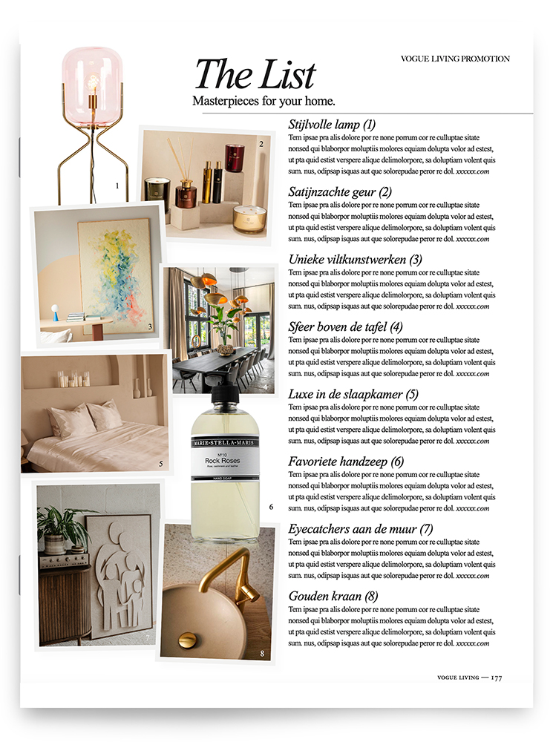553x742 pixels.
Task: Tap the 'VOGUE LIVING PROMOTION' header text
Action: coord(455,59)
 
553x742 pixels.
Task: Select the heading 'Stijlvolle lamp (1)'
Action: coord(332,125)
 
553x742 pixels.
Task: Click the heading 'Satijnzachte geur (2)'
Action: coord(340,192)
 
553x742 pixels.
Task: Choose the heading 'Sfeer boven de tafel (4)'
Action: coord(345,326)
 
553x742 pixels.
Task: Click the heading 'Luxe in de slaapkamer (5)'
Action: coord(353,394)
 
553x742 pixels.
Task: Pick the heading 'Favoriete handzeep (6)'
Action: coord(346,462)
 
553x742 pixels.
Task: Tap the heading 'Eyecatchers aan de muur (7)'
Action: coord(360,529)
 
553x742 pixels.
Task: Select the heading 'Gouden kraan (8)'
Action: coord(333,596)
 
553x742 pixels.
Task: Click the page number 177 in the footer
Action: coord(497,677)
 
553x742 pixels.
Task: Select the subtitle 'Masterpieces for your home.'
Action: coord(264,100)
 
